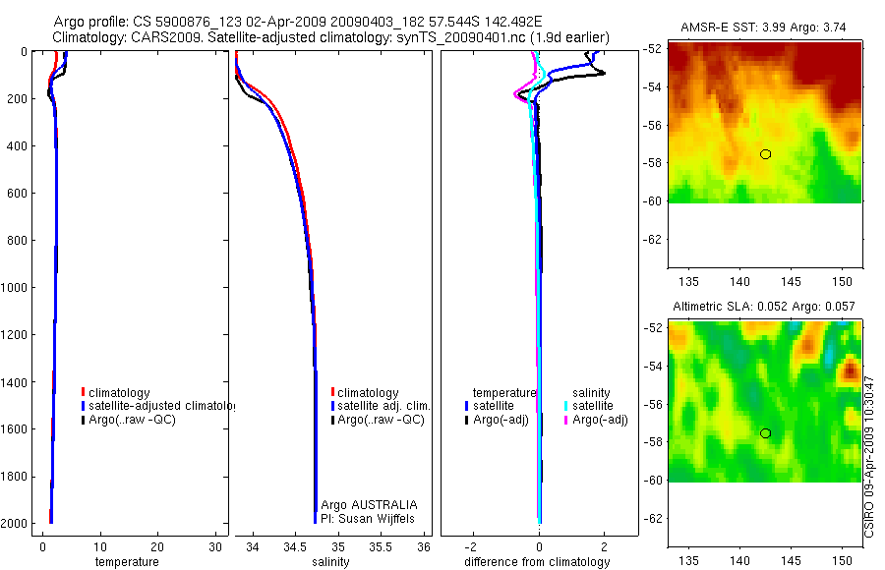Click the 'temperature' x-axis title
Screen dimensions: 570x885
click(126, 562)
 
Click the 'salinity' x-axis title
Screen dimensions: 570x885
click(330, 562)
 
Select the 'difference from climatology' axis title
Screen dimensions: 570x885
click(537, 562)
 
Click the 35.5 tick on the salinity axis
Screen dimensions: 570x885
click(381, 546)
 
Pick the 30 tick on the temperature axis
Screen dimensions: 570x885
click(215, 546)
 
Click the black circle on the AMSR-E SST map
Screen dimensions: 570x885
click(765, 154)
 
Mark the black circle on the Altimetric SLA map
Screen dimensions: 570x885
click(765, 433)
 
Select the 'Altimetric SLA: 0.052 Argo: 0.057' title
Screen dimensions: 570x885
click(764, 309)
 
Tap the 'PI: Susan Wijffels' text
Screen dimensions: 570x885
click(369, 518)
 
